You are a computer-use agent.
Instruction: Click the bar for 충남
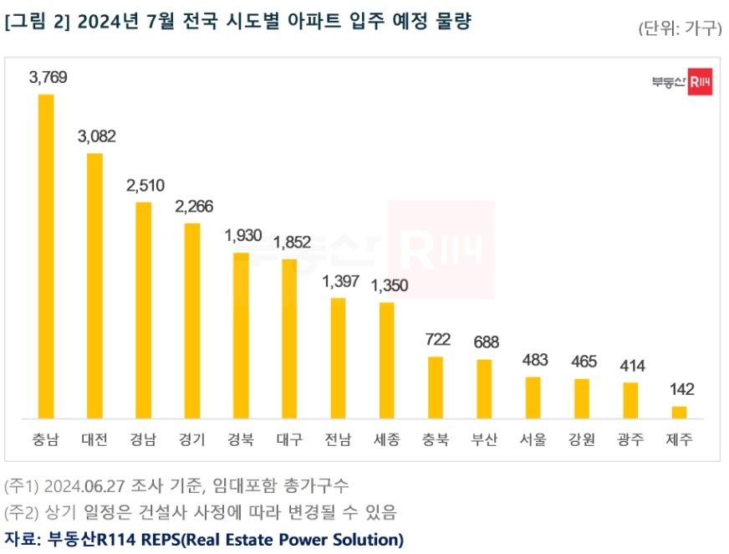coord(46,256)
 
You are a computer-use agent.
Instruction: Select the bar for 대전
coord(94,285)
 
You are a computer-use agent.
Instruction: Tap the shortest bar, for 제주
coord(679,412)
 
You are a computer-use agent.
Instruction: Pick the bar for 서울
coord(533,398)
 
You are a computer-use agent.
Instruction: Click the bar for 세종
coord(386,360)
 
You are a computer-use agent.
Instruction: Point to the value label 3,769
coord(48,78)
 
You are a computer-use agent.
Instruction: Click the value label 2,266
coord(193,207)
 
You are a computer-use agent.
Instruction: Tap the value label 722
coord(437,340)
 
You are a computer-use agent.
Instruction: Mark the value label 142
coord(680,389)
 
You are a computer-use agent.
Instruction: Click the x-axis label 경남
coord(144,440)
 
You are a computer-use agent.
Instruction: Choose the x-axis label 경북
coord(241,440)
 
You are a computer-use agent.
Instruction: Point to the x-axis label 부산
coord(484,440)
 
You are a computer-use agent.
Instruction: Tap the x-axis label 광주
coord(630,440)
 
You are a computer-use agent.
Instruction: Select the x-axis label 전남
coord(338,440)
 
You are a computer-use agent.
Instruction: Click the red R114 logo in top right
coord(699,81)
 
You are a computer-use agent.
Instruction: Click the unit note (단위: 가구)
coord(679,28)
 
